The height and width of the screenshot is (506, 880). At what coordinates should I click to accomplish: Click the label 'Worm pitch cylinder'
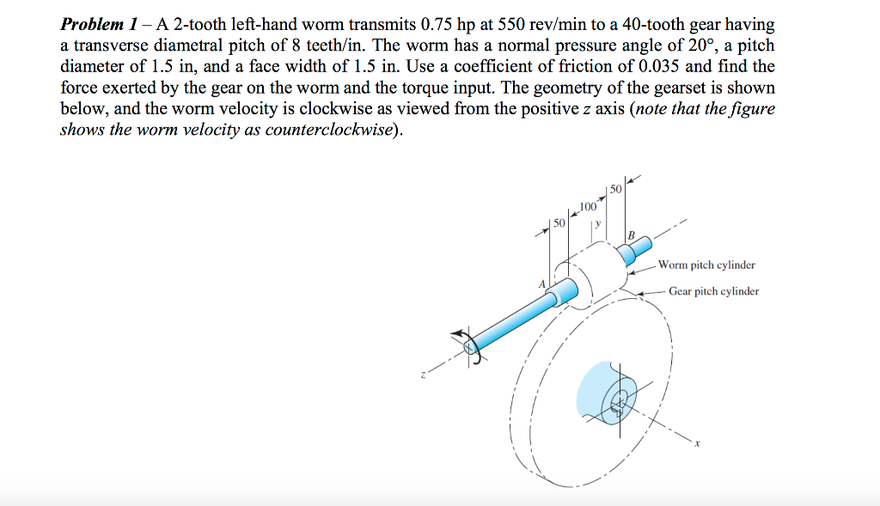tap(706, 265)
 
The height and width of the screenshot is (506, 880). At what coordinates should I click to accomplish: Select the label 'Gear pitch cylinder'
tap(713, 291)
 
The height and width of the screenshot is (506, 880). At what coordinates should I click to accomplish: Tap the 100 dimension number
tap(588, 206)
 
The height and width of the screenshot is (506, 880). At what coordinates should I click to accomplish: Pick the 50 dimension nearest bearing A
tap(559, 223)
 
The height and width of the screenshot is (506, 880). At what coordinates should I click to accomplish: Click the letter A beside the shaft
tap(542, 284)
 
